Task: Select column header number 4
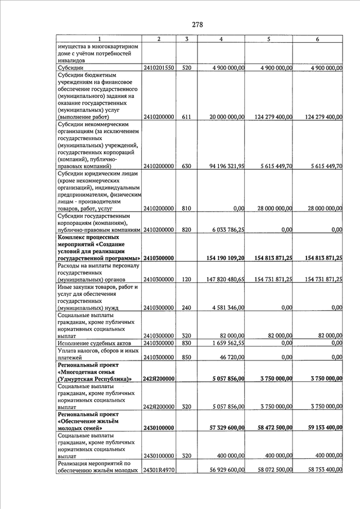click(220, 39)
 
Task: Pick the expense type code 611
click(187, 117)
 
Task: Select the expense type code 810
click(187, 208)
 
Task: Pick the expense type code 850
click(187, 357)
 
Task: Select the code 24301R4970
click(159, 470)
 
